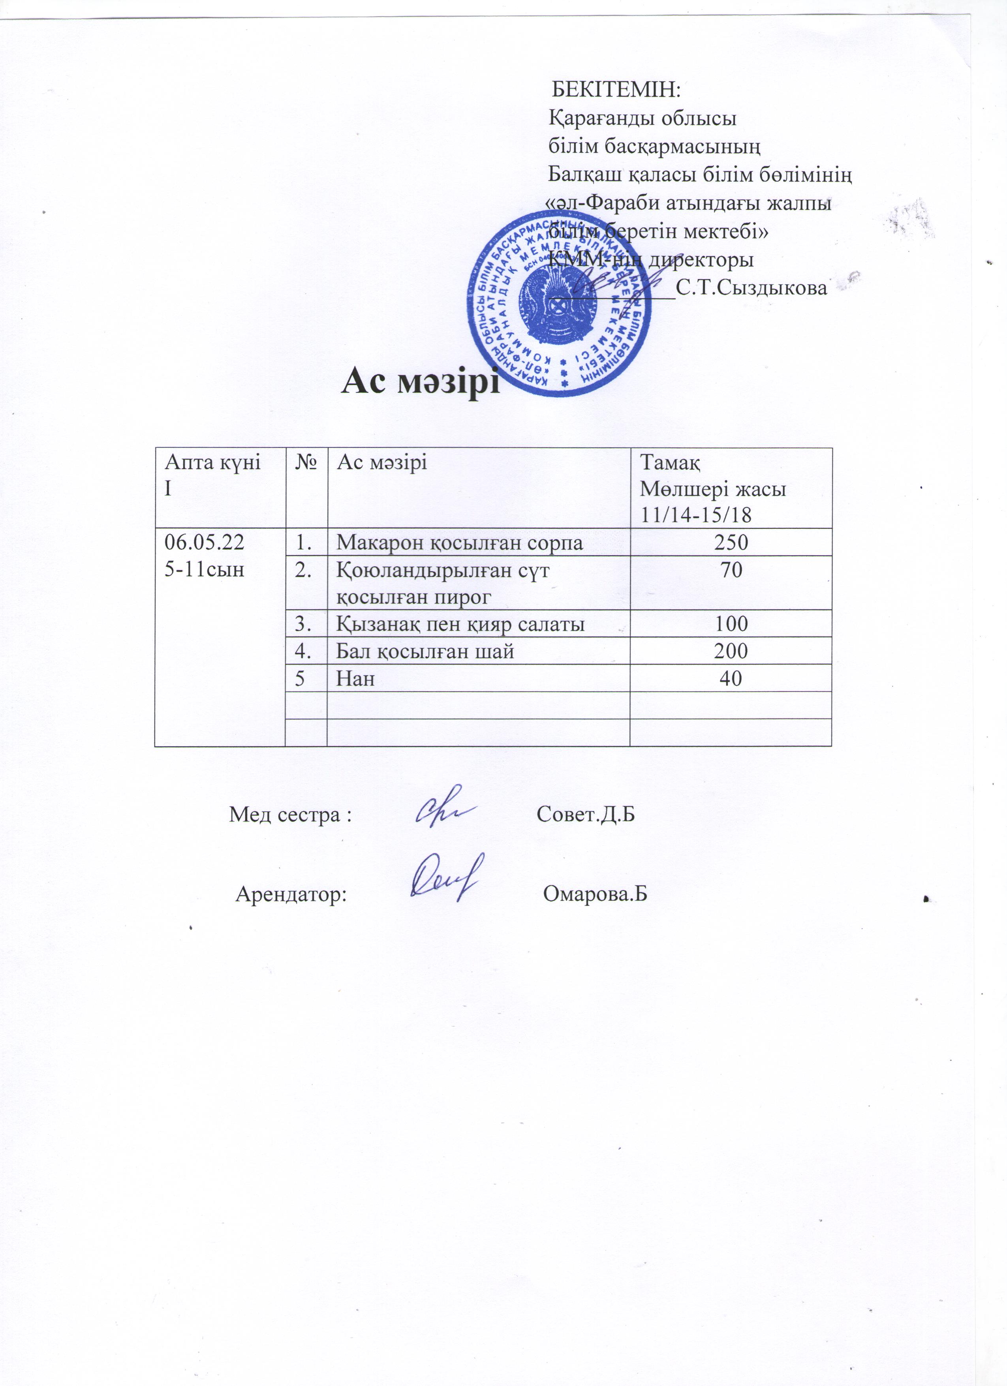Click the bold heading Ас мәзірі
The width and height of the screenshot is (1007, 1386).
pos(421,382)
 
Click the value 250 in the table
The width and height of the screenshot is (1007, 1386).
pos(731,542)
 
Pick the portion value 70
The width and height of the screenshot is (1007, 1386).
pos(731,570)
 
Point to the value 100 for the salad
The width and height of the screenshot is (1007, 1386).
pos(731,624)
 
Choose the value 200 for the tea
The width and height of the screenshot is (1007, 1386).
pos(731,651)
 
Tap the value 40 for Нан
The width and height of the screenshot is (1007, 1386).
pos(731,678)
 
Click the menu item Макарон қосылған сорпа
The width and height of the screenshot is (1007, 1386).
pos(460,543)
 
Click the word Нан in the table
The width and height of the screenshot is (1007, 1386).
pos(356,678)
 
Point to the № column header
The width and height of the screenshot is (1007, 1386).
pos(306,463)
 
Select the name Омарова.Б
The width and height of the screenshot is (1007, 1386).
pos(595,894)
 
